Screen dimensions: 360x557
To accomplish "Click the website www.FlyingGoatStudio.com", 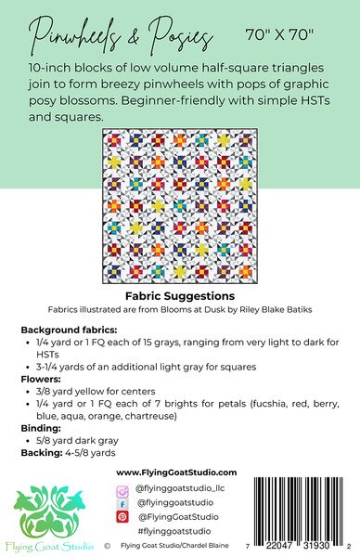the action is pyautogui.click(x=179, y=473).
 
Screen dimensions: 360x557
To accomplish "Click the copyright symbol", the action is pyautogui.click(x=109, y=547).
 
